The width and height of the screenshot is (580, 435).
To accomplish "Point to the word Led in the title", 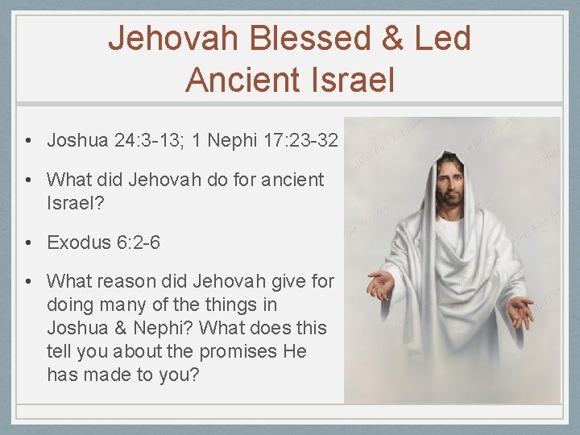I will click(x=441, y=39).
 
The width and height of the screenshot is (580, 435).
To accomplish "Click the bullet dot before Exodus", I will click(x=27, y=242).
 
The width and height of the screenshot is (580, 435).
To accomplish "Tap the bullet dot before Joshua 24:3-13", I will click(x=27, y=140).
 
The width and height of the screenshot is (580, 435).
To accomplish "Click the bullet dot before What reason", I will click(x=27, y=281).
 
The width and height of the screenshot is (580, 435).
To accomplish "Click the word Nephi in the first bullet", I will click(x=230, y=140).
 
